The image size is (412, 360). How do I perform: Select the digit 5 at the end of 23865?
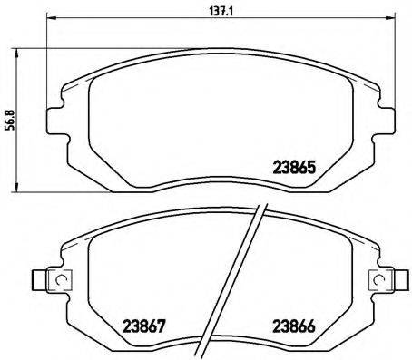[312, 167]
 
